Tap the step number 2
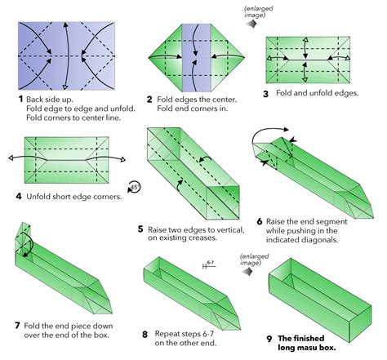pos(150,99)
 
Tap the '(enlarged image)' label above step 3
pos(260,12)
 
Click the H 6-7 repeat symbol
pos(209,265)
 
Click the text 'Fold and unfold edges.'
pos(319,94)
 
